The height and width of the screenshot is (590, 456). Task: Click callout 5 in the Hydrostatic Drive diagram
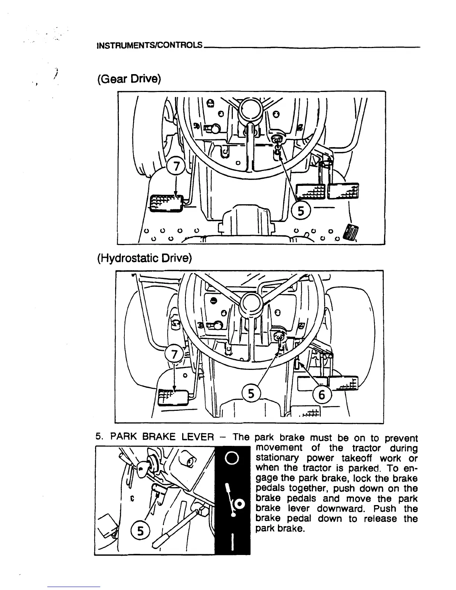[251, 393]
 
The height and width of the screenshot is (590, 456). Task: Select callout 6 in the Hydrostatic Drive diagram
[322, 394]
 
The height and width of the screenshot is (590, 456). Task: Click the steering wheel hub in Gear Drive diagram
[251, 108]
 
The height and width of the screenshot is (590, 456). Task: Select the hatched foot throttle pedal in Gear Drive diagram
[351, 233]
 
